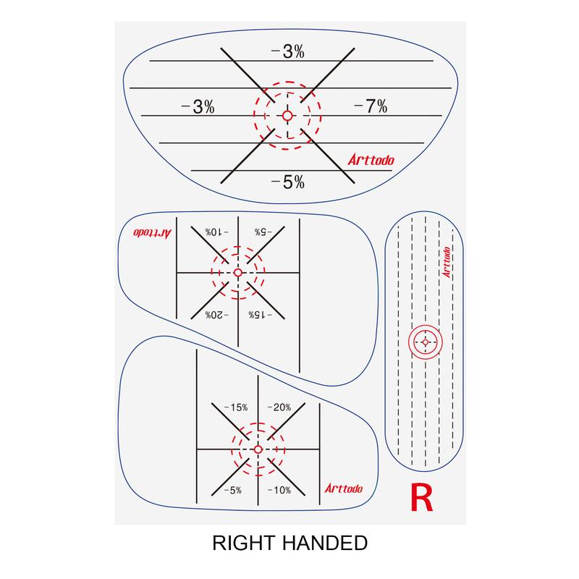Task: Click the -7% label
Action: tap(371, 106)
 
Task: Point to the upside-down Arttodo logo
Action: tap(149, 233)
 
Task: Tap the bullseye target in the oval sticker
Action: tap(425, 341)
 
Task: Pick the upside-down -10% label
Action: tap(216, 232)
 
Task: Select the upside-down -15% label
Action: tap(258, 315)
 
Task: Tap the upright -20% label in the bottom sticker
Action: tap(279, 407)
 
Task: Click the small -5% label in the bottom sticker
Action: tap(233, 490)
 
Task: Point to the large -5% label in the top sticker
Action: tap(287, 182)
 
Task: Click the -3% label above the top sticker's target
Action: tap(287, 51)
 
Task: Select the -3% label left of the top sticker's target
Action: tap(198, 106)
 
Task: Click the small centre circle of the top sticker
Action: tap(287, 116)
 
